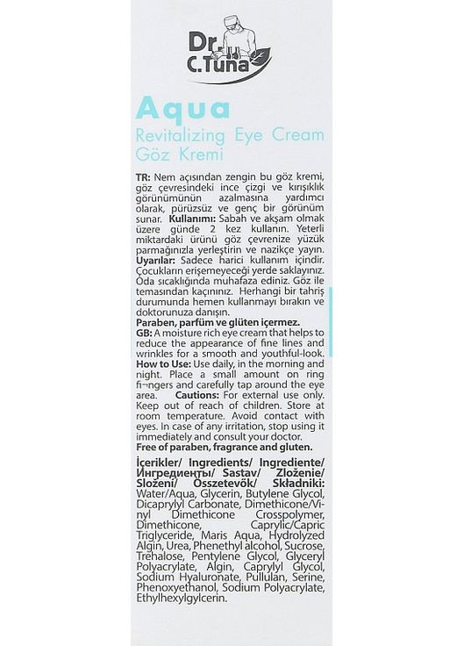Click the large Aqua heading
[182, 110]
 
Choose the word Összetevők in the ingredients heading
[226, 484]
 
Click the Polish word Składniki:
[290, 484]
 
